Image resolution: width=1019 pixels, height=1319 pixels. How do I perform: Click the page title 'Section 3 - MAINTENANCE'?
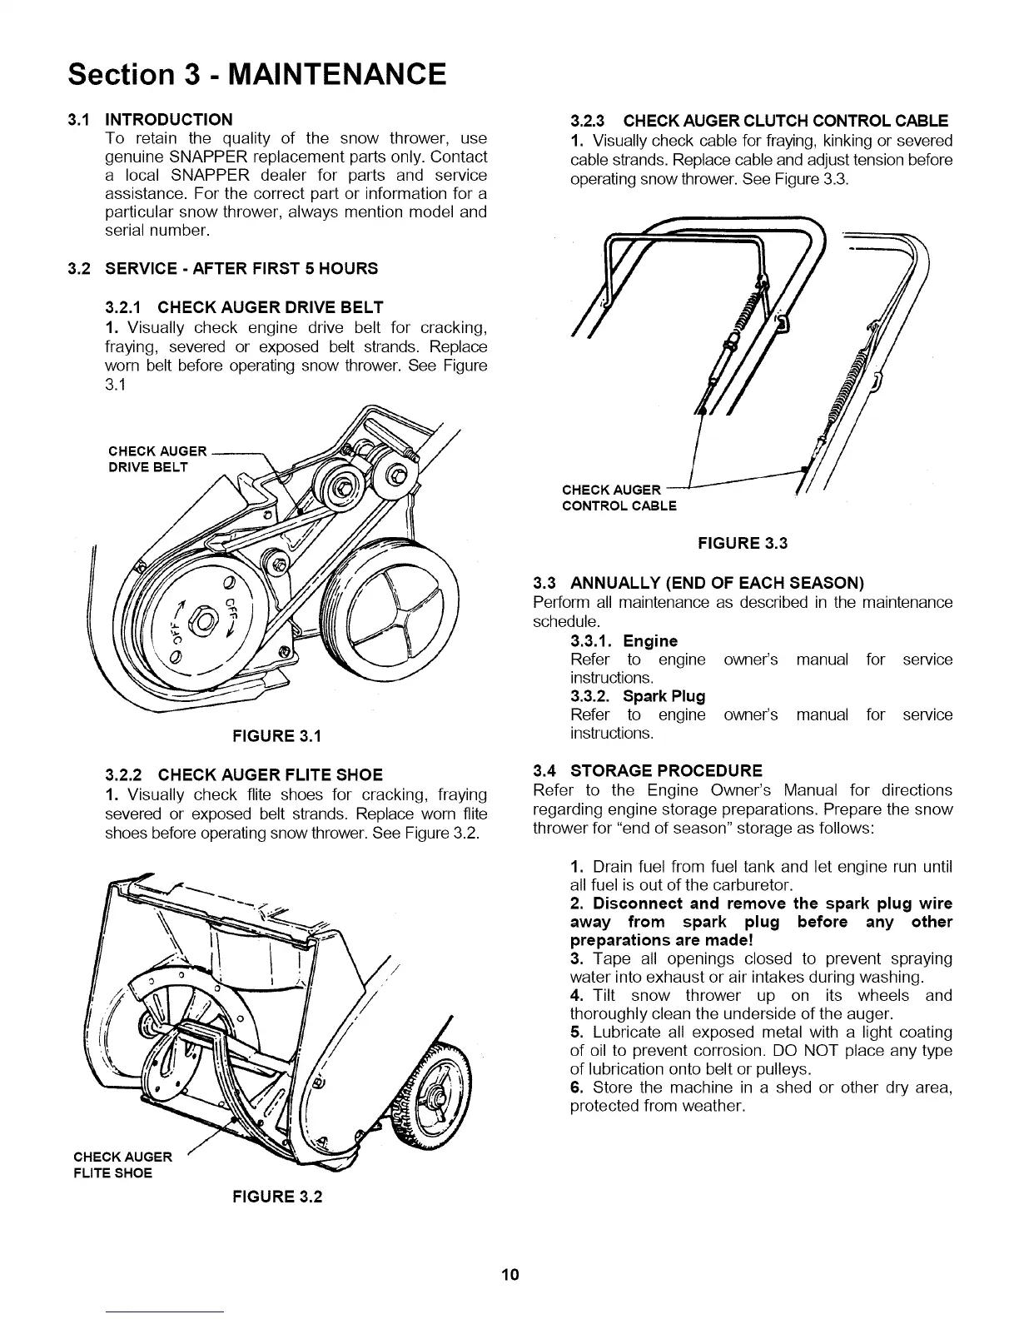(257, 74)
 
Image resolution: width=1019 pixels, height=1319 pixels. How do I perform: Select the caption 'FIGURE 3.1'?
(276, 736)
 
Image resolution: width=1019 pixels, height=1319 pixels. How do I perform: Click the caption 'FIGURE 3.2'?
(277, 1197)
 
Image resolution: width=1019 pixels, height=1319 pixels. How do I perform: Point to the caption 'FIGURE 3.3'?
(742, 544)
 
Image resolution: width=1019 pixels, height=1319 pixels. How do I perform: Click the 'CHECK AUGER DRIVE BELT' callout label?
(158, 459)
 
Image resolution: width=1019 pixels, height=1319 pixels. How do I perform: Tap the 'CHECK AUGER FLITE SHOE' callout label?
(123, 1165)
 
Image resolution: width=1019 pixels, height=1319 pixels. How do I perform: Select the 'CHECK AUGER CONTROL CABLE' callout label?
(619, 497)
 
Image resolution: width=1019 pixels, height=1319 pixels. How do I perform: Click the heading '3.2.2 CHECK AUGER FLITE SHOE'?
(244, 775)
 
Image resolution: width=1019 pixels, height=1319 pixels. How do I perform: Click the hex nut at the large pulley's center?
(201, 620)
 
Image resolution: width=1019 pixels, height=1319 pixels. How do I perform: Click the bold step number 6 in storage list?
(575, 1088)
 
